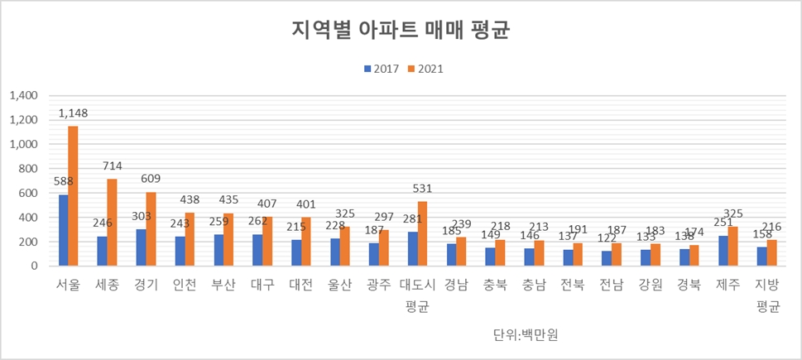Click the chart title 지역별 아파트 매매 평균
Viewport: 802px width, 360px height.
pos(401,31)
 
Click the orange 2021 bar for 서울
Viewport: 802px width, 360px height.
pos(73,196)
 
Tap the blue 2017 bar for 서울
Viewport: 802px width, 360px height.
pos(63,230)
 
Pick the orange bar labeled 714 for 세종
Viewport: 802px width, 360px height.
pos(113,223)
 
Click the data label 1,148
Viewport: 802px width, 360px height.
pos(73,113)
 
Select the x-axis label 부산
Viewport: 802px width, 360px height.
pos(223,286)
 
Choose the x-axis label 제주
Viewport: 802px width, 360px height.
pos(728,286)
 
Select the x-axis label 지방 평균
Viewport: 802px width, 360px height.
pos(769,295)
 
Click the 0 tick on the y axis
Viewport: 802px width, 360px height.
pos(36,266)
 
